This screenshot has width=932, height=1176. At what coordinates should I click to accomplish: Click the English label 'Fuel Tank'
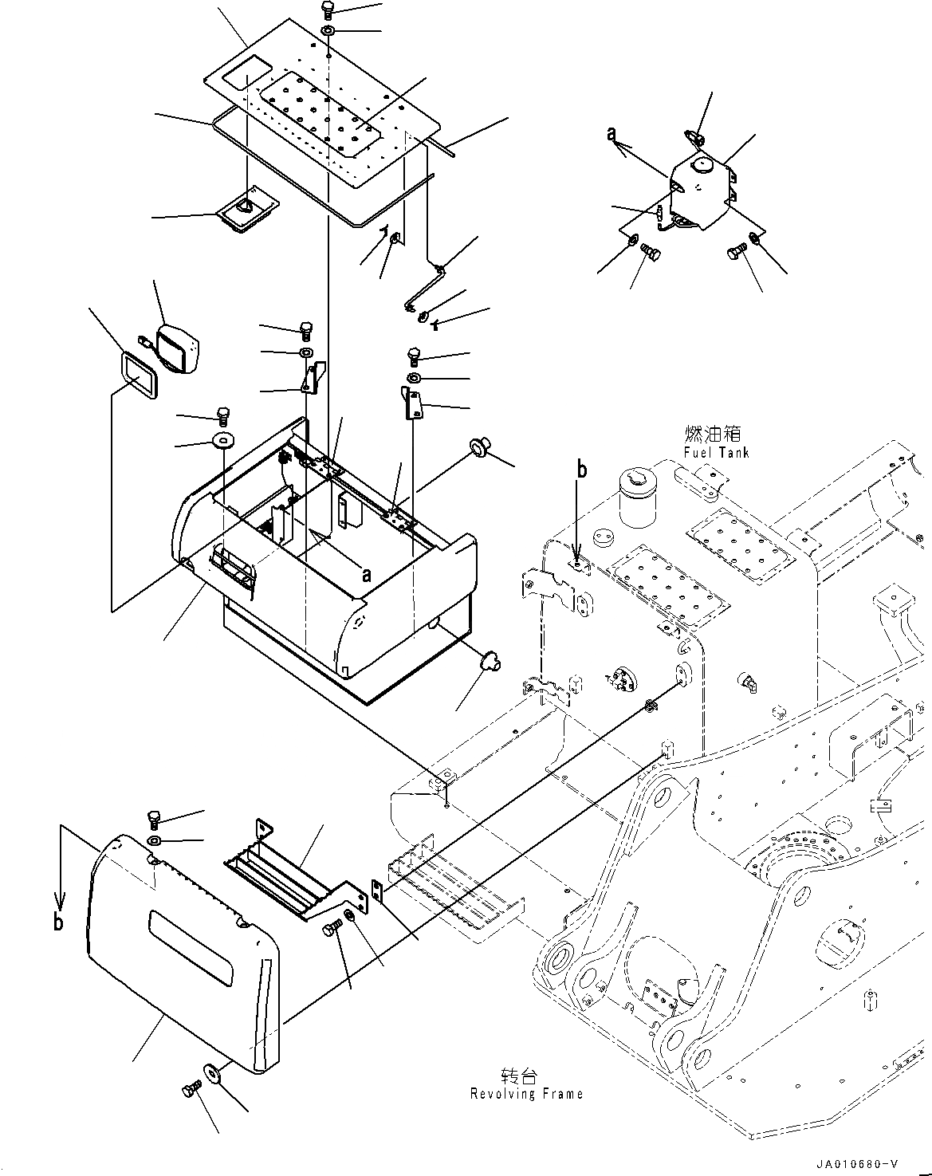tap(716, 452)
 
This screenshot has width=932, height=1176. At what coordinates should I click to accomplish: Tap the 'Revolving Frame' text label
tap(526, 1093)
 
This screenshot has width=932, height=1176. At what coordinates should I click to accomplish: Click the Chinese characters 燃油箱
tap(712, 434)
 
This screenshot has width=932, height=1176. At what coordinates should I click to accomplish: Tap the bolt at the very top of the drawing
tap(328, 10)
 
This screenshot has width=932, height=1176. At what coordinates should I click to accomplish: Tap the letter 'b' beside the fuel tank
tap(581, 470)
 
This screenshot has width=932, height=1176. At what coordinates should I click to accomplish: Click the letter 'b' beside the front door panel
tap(58, 922)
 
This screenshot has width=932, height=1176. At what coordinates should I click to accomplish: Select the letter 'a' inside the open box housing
tap(366, 573)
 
